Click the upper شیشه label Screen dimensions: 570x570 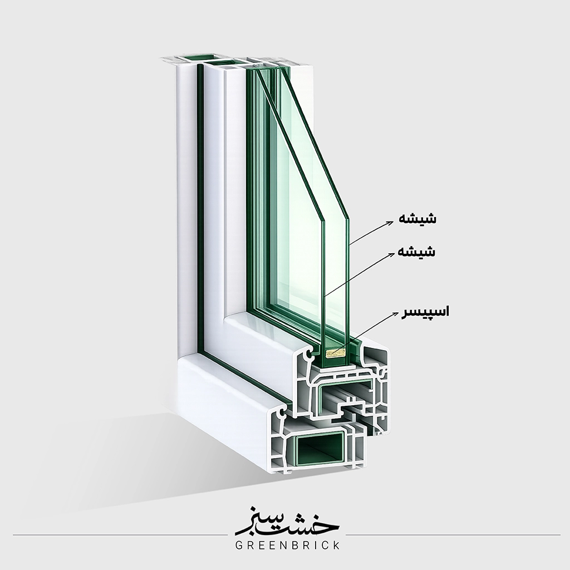tap(417, 218)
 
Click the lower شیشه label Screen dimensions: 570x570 tap(416, 252)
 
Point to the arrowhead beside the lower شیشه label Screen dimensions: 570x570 tap(391, 254)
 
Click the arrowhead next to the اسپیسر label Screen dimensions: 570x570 tap(396, 313)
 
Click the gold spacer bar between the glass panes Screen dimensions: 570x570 tap(334, 353)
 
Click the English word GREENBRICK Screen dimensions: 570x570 tap(288, 545)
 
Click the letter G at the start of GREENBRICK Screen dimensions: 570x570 tap(239, 545)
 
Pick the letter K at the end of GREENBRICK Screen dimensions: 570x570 tap(336, 545)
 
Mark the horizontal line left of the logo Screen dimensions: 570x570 tap(120, 535)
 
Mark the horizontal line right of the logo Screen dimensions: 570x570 tap(453, 535)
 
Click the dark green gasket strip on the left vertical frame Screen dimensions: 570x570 tap(199, 207)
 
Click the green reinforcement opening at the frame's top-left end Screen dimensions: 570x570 tap(198, 57)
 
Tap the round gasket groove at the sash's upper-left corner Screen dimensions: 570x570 tap(310, 353)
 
